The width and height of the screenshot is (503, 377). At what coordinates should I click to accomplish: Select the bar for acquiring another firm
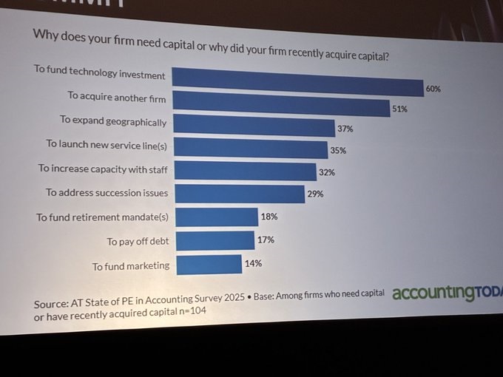(x=281, y=103)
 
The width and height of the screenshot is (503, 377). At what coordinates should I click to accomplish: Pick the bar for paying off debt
(x=215, y=240)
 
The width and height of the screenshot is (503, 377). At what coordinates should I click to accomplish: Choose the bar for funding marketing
(x=209, y=264)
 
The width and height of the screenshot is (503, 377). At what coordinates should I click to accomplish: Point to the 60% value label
(x=433, y=89)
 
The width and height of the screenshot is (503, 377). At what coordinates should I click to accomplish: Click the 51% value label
(x=399, y=109)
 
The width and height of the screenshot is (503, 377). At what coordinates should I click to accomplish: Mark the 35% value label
(x=338, y=151)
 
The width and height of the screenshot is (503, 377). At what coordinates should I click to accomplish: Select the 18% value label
(x=268, y=217)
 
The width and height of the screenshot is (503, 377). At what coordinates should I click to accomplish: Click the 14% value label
(x=253, y=262)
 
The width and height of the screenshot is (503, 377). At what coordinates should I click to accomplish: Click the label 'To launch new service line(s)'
(x=106, y=144)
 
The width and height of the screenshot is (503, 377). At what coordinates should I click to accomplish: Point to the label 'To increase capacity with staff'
(x=103, y=169)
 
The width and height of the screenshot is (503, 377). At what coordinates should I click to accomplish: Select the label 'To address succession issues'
(x=107, y=193)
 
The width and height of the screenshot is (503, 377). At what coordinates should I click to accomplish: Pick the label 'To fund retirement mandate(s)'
(x=102, y=217)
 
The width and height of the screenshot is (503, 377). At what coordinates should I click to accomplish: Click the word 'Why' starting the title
(x=44, y=34)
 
